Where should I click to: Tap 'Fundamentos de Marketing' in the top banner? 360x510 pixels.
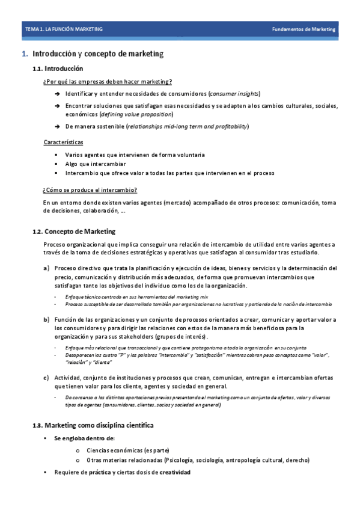(x=304, y=29)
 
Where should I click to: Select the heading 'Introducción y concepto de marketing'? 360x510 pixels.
(x=97, y=54)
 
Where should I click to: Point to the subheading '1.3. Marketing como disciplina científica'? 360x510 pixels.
(x=93, y=425)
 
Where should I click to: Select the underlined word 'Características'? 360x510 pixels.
(x=63, y=143)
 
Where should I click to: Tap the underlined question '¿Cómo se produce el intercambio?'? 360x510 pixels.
(x=90, y=191)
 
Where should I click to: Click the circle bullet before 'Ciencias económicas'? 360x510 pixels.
(x=79, y=450)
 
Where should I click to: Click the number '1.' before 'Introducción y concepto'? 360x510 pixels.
(x=25, y=54)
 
